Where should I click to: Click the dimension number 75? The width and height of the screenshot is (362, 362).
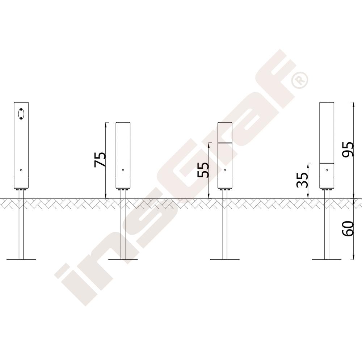pos(100,160)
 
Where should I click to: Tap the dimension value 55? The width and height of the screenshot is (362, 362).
pos(203,170)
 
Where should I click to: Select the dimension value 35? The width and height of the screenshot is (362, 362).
pos(302,180)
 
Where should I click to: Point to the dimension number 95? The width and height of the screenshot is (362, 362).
pos(348,150)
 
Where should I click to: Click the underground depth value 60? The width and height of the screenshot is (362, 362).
pos(348,228)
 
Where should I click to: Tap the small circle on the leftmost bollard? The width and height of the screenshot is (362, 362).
pos(21,170)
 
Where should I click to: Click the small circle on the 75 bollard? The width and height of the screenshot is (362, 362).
pos(123,170)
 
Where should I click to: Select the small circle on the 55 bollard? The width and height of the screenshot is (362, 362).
pos(225,170)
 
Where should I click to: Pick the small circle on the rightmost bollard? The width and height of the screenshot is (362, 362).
pos(327,170)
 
